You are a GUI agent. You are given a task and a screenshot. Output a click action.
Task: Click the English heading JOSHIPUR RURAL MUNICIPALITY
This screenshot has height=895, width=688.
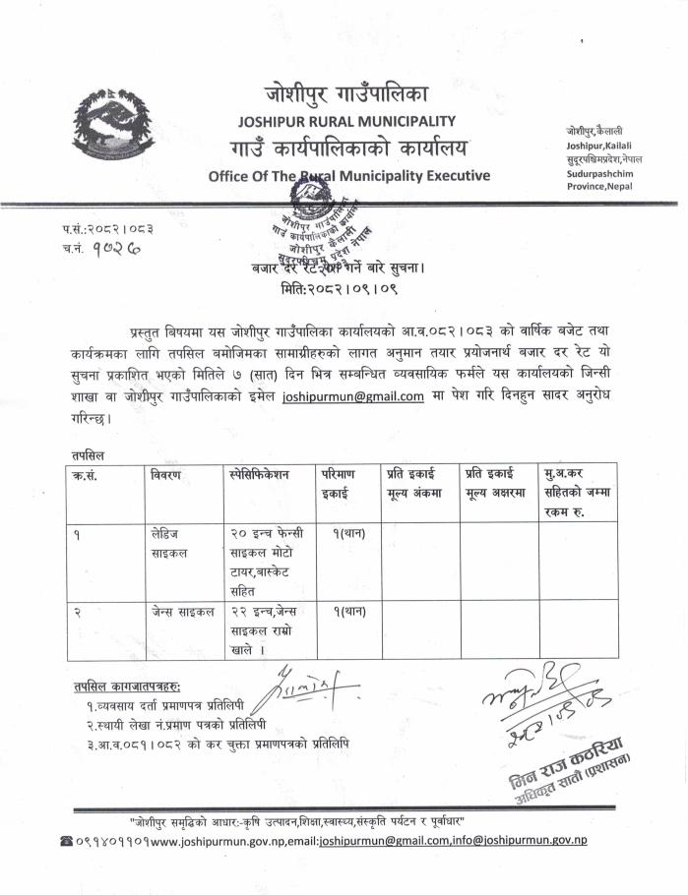[x=346, y=121]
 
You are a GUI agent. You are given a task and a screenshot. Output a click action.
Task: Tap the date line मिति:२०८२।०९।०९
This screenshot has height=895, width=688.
[x=344, y=291]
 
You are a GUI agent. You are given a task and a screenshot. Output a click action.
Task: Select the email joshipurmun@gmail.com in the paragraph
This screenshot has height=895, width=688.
[x=352, y=396]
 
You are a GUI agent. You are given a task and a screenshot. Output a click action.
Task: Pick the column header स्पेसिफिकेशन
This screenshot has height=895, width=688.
[x=258, y=474]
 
